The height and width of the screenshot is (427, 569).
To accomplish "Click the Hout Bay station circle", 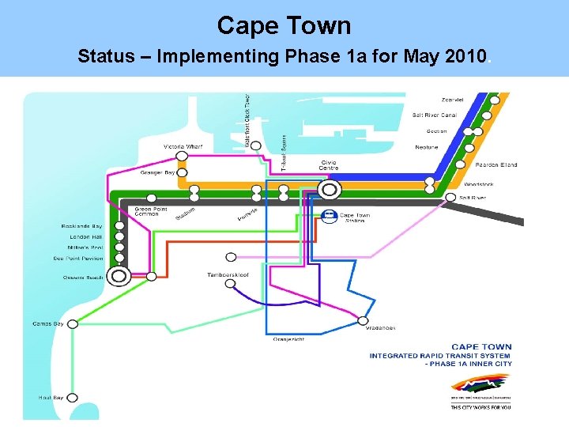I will (x=72, y=398).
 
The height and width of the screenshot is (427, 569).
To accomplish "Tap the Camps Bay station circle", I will (x=72, y=323).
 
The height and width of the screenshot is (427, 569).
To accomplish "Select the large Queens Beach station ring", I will (x=119, y=277).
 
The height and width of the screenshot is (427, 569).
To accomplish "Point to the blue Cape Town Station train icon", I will (x=328, y=216).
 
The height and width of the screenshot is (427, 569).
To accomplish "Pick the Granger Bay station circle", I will (x=182, y=172).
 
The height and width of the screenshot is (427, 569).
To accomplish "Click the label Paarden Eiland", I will (x=496, y=164).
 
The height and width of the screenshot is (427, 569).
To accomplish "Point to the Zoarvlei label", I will (x=452, y=100).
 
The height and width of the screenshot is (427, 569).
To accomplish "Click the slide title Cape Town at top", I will (x=284, y=25).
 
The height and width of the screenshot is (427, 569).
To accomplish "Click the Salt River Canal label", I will (x=434, y=115).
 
